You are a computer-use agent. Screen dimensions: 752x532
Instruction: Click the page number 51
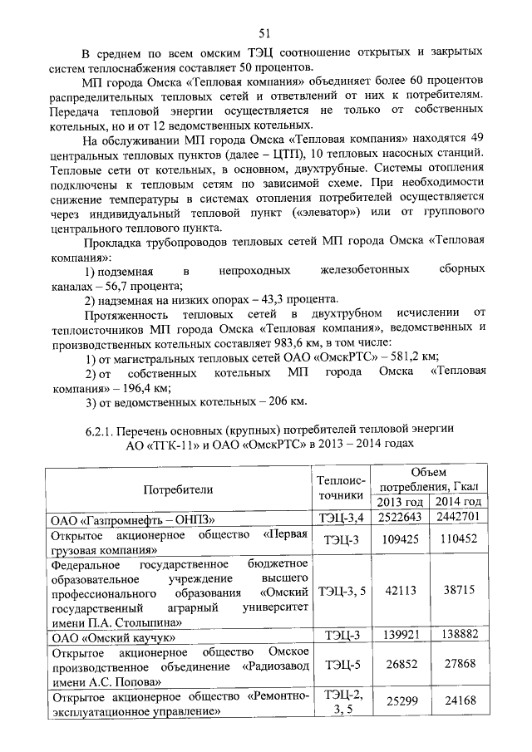pyautogui.click(x=266, y=33)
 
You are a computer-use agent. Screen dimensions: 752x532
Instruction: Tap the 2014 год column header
pyautogui.click(x=457, y=502)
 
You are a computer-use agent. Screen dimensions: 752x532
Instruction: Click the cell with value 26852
pyautogui.click(x=399, y=665)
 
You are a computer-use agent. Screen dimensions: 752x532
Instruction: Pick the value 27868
pyautogui.click(x=458, y=665)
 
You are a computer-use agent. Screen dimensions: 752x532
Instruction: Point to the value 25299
pyautogui.click(x=399, y=704)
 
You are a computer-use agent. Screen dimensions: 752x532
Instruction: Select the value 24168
pyautogui.click(x=458, y=704)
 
